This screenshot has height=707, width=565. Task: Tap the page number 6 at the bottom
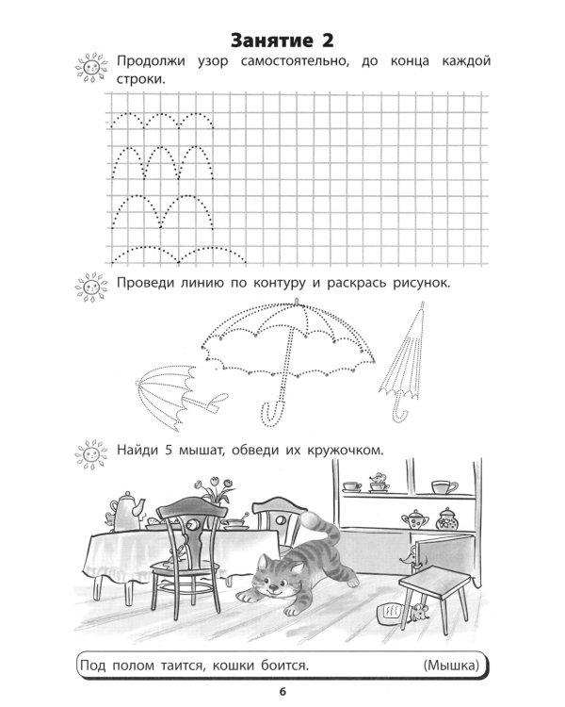pyautogui.click(x=282, y=692)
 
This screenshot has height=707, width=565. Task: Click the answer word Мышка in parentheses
pyautogui.click(x=451, y=666)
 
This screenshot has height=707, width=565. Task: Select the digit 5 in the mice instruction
pyautogui.click(x=169, y=450)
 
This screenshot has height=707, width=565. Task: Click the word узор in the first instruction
pyautogui.click(x=213, y=61)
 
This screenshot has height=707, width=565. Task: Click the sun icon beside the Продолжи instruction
pyautogui.click(x=91, y=68)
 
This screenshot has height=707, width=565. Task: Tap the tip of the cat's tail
pyautogui.click(x=309, y=519)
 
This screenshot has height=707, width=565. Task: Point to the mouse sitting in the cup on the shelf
pyautogui.click(x=379, y=481)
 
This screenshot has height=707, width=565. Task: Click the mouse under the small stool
pyautogui.click(x=418, y=613)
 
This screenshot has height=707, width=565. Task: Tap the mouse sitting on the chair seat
pyautogui.click(x=177, y=554)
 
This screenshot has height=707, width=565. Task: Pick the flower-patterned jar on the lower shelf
pyautogui.click(x=447, y=519)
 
